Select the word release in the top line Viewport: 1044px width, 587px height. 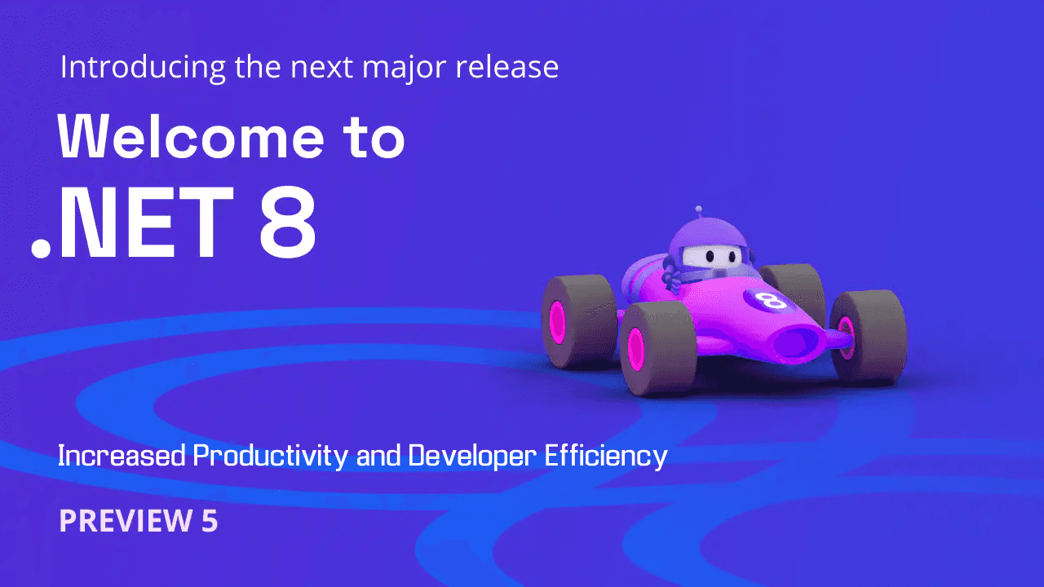pos(507,68)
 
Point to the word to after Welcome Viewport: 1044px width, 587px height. pos(371,137)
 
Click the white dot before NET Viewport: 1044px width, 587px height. pos(40,248)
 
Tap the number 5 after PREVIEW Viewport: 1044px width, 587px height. pos(210,520)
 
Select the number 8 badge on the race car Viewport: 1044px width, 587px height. pos(771,299)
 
